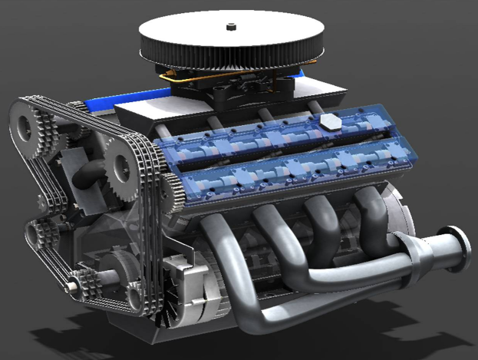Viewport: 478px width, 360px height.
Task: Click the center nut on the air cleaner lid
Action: [229, 28]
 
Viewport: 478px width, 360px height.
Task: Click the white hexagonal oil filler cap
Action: [331, 122]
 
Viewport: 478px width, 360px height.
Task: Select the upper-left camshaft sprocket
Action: [28, 127]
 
